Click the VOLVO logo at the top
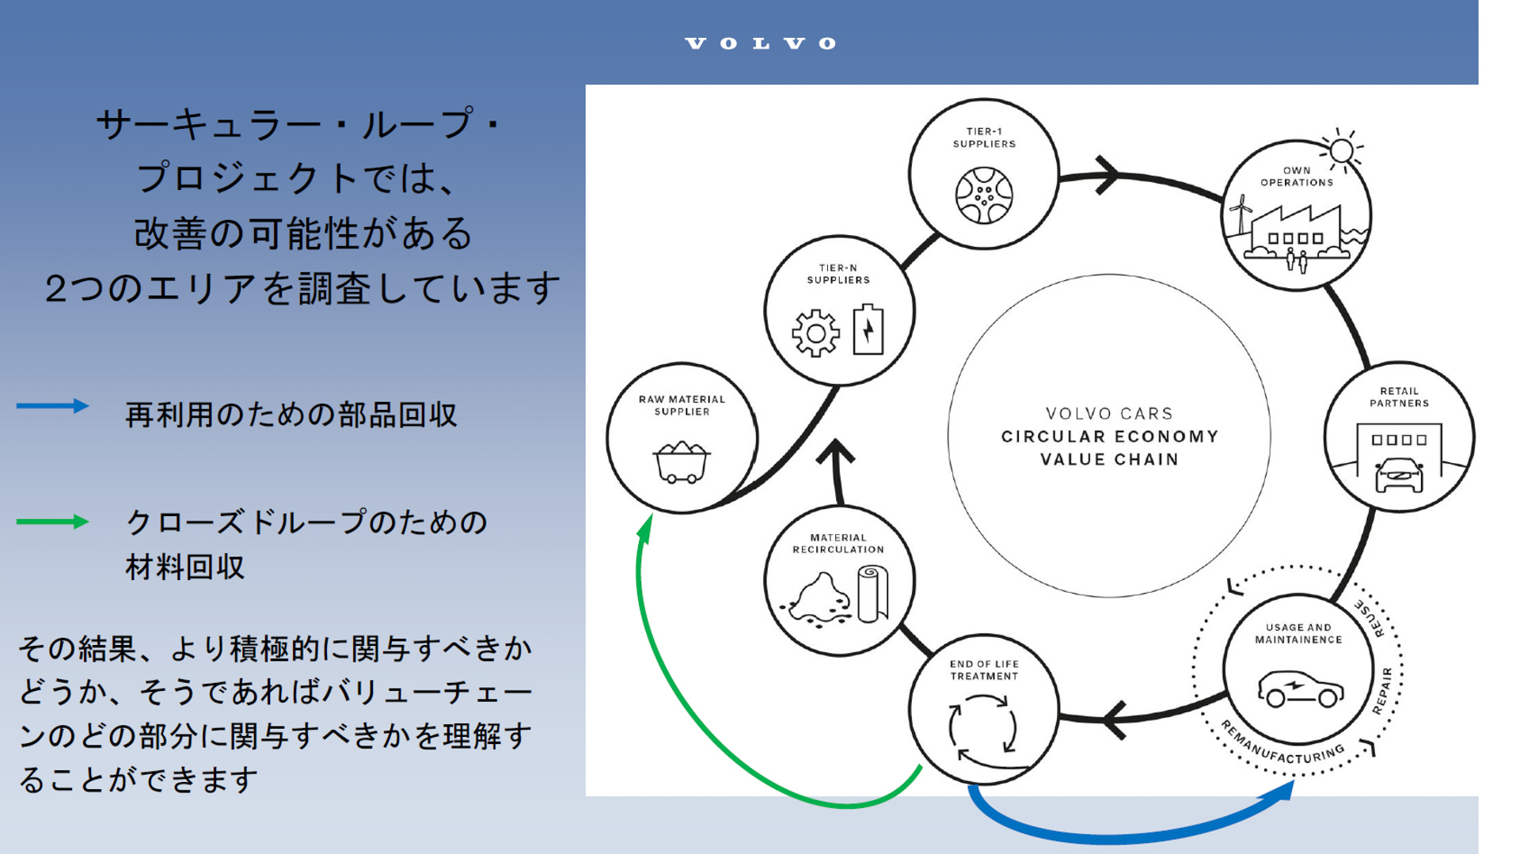[x=760, y=44]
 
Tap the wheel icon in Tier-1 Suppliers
[x=983, y=195]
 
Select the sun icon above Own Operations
[x=1342, y=150]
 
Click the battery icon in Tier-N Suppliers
[x=868, y=329]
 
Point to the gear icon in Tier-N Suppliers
[x=815, y=333]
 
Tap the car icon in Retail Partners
[x=1399, y=475]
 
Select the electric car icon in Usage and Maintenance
[x=1300, y=689]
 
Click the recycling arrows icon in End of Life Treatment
[x=982, y=727]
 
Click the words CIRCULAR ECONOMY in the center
[x=1109, y=437]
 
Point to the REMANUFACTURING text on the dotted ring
[x=1282, y=747]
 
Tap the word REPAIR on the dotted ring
[x=1383, y=690]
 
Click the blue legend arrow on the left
[x=52, y=406]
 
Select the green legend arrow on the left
[x=52, y=522]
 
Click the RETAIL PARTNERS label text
[x=1399, y=397]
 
